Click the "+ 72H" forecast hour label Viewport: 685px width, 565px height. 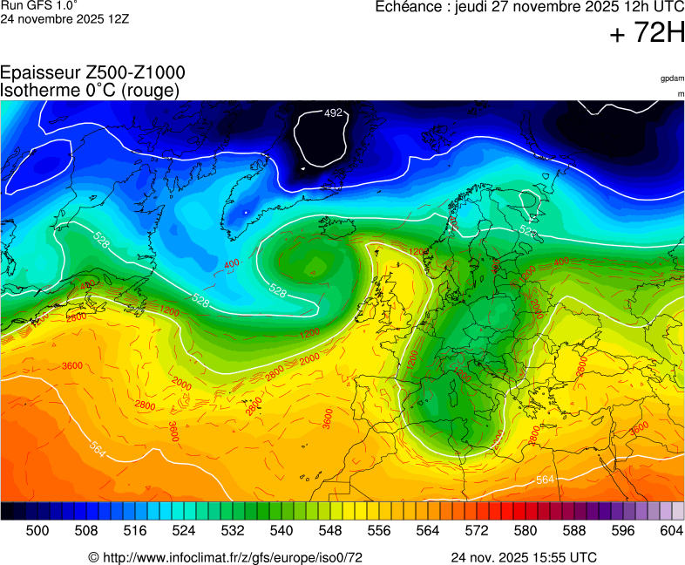coord(648,34)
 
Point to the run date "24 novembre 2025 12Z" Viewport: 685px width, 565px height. coord(64,18)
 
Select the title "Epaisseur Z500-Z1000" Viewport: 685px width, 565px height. coord(92,73)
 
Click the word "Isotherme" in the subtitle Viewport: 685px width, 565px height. coord(38,90)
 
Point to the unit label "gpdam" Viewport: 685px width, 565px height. coord(672,78)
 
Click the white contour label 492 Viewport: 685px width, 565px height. coord(333,113)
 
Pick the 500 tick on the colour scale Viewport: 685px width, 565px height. coord(37,530)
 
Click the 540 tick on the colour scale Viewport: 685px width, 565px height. coord(281,530)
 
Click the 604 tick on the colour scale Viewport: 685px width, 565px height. coord(671,530)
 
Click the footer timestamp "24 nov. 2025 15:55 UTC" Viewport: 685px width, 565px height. coord(524,557)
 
